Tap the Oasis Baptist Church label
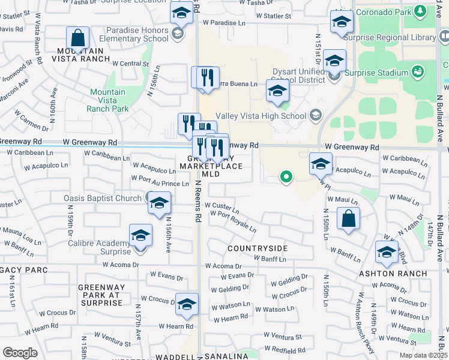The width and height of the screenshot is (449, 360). pyautogui.click(x=103, y=198)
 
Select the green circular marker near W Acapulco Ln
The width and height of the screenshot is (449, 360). pyautogui.click(x=286, y=177)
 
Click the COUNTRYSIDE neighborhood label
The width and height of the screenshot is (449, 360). pyautogui.click(x=257, y=248)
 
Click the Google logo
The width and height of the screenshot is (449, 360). pyautogui.click(x=20, y=353)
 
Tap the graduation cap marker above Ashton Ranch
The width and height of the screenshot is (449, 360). pyautogui.click(x=387, y=253)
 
